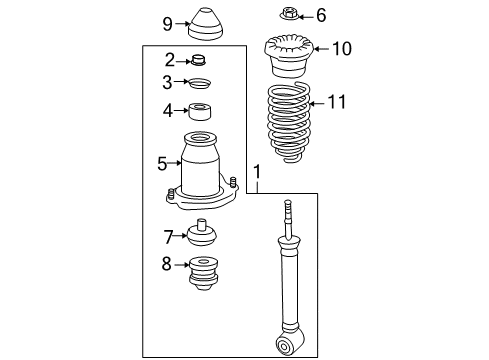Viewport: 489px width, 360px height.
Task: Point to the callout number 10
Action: tap(341, 48)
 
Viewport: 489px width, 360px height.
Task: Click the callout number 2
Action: tap(169, 60)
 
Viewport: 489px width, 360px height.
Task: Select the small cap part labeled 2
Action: tap(200, 61)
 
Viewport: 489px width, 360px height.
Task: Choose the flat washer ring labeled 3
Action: tap(201, 84)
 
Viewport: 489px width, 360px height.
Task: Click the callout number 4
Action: tap(169, 110)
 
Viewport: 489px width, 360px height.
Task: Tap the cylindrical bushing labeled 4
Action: tap(204, 111)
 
